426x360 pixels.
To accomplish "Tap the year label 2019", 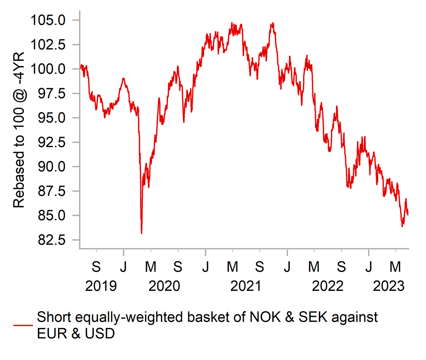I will pyautogui.click(x=101, y=287).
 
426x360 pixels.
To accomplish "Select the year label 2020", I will pyautogui.click(x=164, y=287).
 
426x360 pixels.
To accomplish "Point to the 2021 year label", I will pyautogui.click(x=246, y=287).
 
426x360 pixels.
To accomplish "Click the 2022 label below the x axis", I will pyautogui.click(x=328, y=287).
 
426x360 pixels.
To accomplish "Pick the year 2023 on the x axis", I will pyautogui.click(x=389, y=287).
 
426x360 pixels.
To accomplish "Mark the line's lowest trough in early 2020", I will pyautogui.click(x=142, y=233).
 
